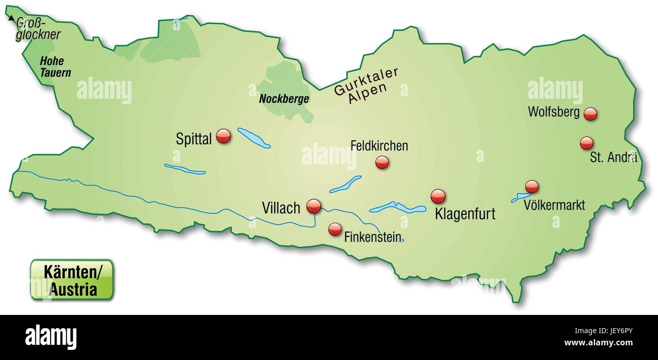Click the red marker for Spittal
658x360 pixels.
click(223, 136)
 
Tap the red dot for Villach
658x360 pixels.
click(314, 206)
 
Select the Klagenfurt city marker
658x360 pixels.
click(438, 196)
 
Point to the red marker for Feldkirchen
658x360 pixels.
click(382, 162)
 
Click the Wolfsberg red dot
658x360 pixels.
click(590, 114)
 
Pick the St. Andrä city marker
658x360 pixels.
click(587, 143)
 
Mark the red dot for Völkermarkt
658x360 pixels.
click(532, 186)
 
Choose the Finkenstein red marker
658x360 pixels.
click(335, 229)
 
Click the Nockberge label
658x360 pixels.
click(284, 99)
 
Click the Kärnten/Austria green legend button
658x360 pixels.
click(72, 280)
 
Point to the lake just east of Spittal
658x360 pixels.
click(254, 138)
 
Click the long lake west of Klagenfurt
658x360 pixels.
click(398, 208)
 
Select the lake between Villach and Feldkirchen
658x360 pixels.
click(346, 184)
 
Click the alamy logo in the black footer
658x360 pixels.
click(51, 337)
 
